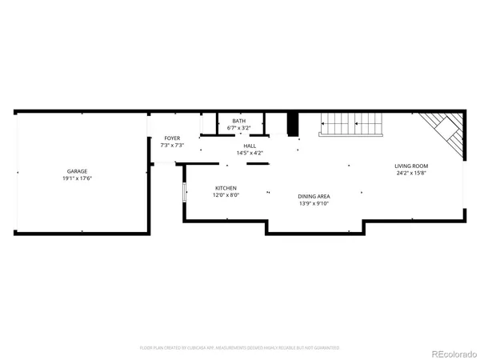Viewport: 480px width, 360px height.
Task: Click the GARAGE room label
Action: click(77, 170)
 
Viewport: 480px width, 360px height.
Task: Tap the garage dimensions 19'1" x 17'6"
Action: click(77, 178)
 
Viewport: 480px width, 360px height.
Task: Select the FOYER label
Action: click(173, 138)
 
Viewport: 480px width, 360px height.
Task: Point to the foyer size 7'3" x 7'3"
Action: click(173, 146)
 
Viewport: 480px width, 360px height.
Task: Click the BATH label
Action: click(238, 120)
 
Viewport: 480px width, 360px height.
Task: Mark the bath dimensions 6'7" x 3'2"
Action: click(238, 127)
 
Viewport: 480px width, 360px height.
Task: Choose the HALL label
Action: click(250, 146)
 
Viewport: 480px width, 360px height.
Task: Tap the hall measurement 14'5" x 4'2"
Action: click(250, 153)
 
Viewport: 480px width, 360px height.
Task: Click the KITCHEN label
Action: click(226, 188)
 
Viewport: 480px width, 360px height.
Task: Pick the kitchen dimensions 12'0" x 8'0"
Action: click(226, 195)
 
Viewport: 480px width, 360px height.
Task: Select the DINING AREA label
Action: click(314, 196)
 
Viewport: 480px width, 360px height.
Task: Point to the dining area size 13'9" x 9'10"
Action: click(314, 203)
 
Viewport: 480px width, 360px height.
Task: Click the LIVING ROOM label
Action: click(410, 166)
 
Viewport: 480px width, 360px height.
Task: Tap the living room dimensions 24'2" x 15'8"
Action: click(410, 173)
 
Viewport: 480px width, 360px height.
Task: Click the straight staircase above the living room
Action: click(353, 125)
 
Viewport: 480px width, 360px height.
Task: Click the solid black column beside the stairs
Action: click(294, 123)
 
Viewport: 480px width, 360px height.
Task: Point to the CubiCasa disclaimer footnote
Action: click(240, 348)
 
